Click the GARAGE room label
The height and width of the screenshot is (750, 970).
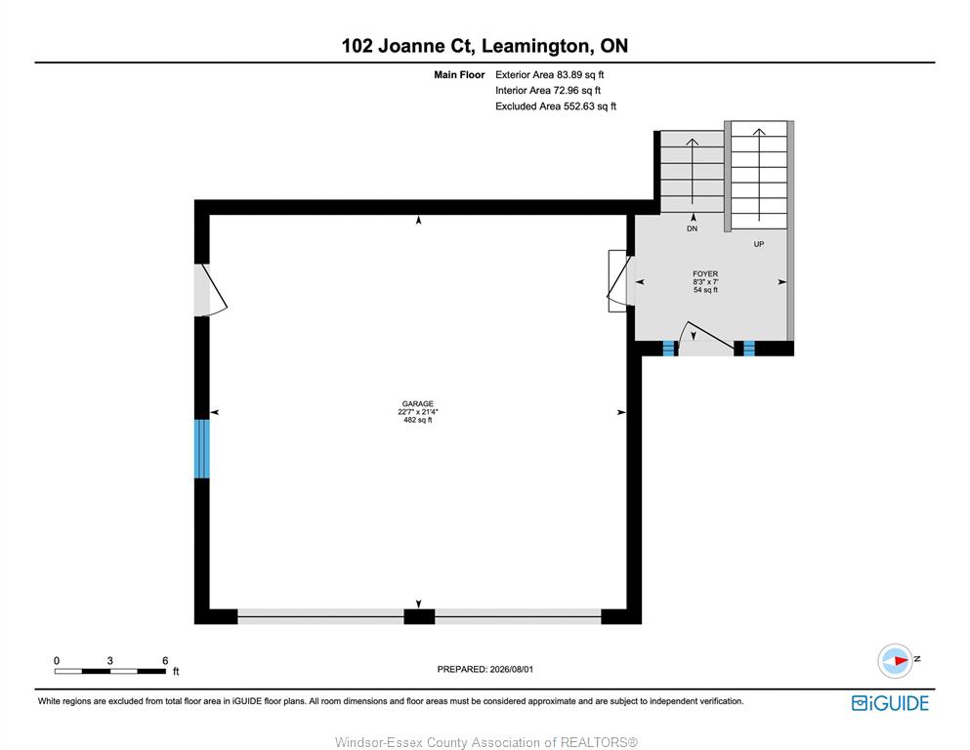click(417, 403)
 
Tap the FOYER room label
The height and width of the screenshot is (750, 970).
click(705, 273)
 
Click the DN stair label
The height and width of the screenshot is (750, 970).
click(693, 229)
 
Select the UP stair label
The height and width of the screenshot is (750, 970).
click(759, 244)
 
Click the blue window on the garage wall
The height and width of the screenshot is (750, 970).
click(201, 449)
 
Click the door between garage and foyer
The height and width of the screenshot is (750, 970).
click(620, 281)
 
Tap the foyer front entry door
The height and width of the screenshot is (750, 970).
click(706, 339)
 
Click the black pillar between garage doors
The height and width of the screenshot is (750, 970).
click(419, 616)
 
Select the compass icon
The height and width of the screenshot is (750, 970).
click(895, 661)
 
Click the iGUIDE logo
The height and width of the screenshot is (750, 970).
click(890, 703)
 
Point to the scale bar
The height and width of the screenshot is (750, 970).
click(110, 671)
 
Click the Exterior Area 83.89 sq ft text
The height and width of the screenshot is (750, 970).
click(549, 75)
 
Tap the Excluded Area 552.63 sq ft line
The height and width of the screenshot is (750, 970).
click(556, 106)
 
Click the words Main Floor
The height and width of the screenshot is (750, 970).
click(459, 75)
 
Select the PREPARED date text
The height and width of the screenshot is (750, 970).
click(485, 669)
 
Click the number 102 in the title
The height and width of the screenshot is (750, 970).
click(358, 46)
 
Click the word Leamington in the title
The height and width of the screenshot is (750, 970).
click(535, 46)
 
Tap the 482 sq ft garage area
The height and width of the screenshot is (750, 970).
click(417, 421)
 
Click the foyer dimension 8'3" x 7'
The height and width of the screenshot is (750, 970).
click(705, 282)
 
